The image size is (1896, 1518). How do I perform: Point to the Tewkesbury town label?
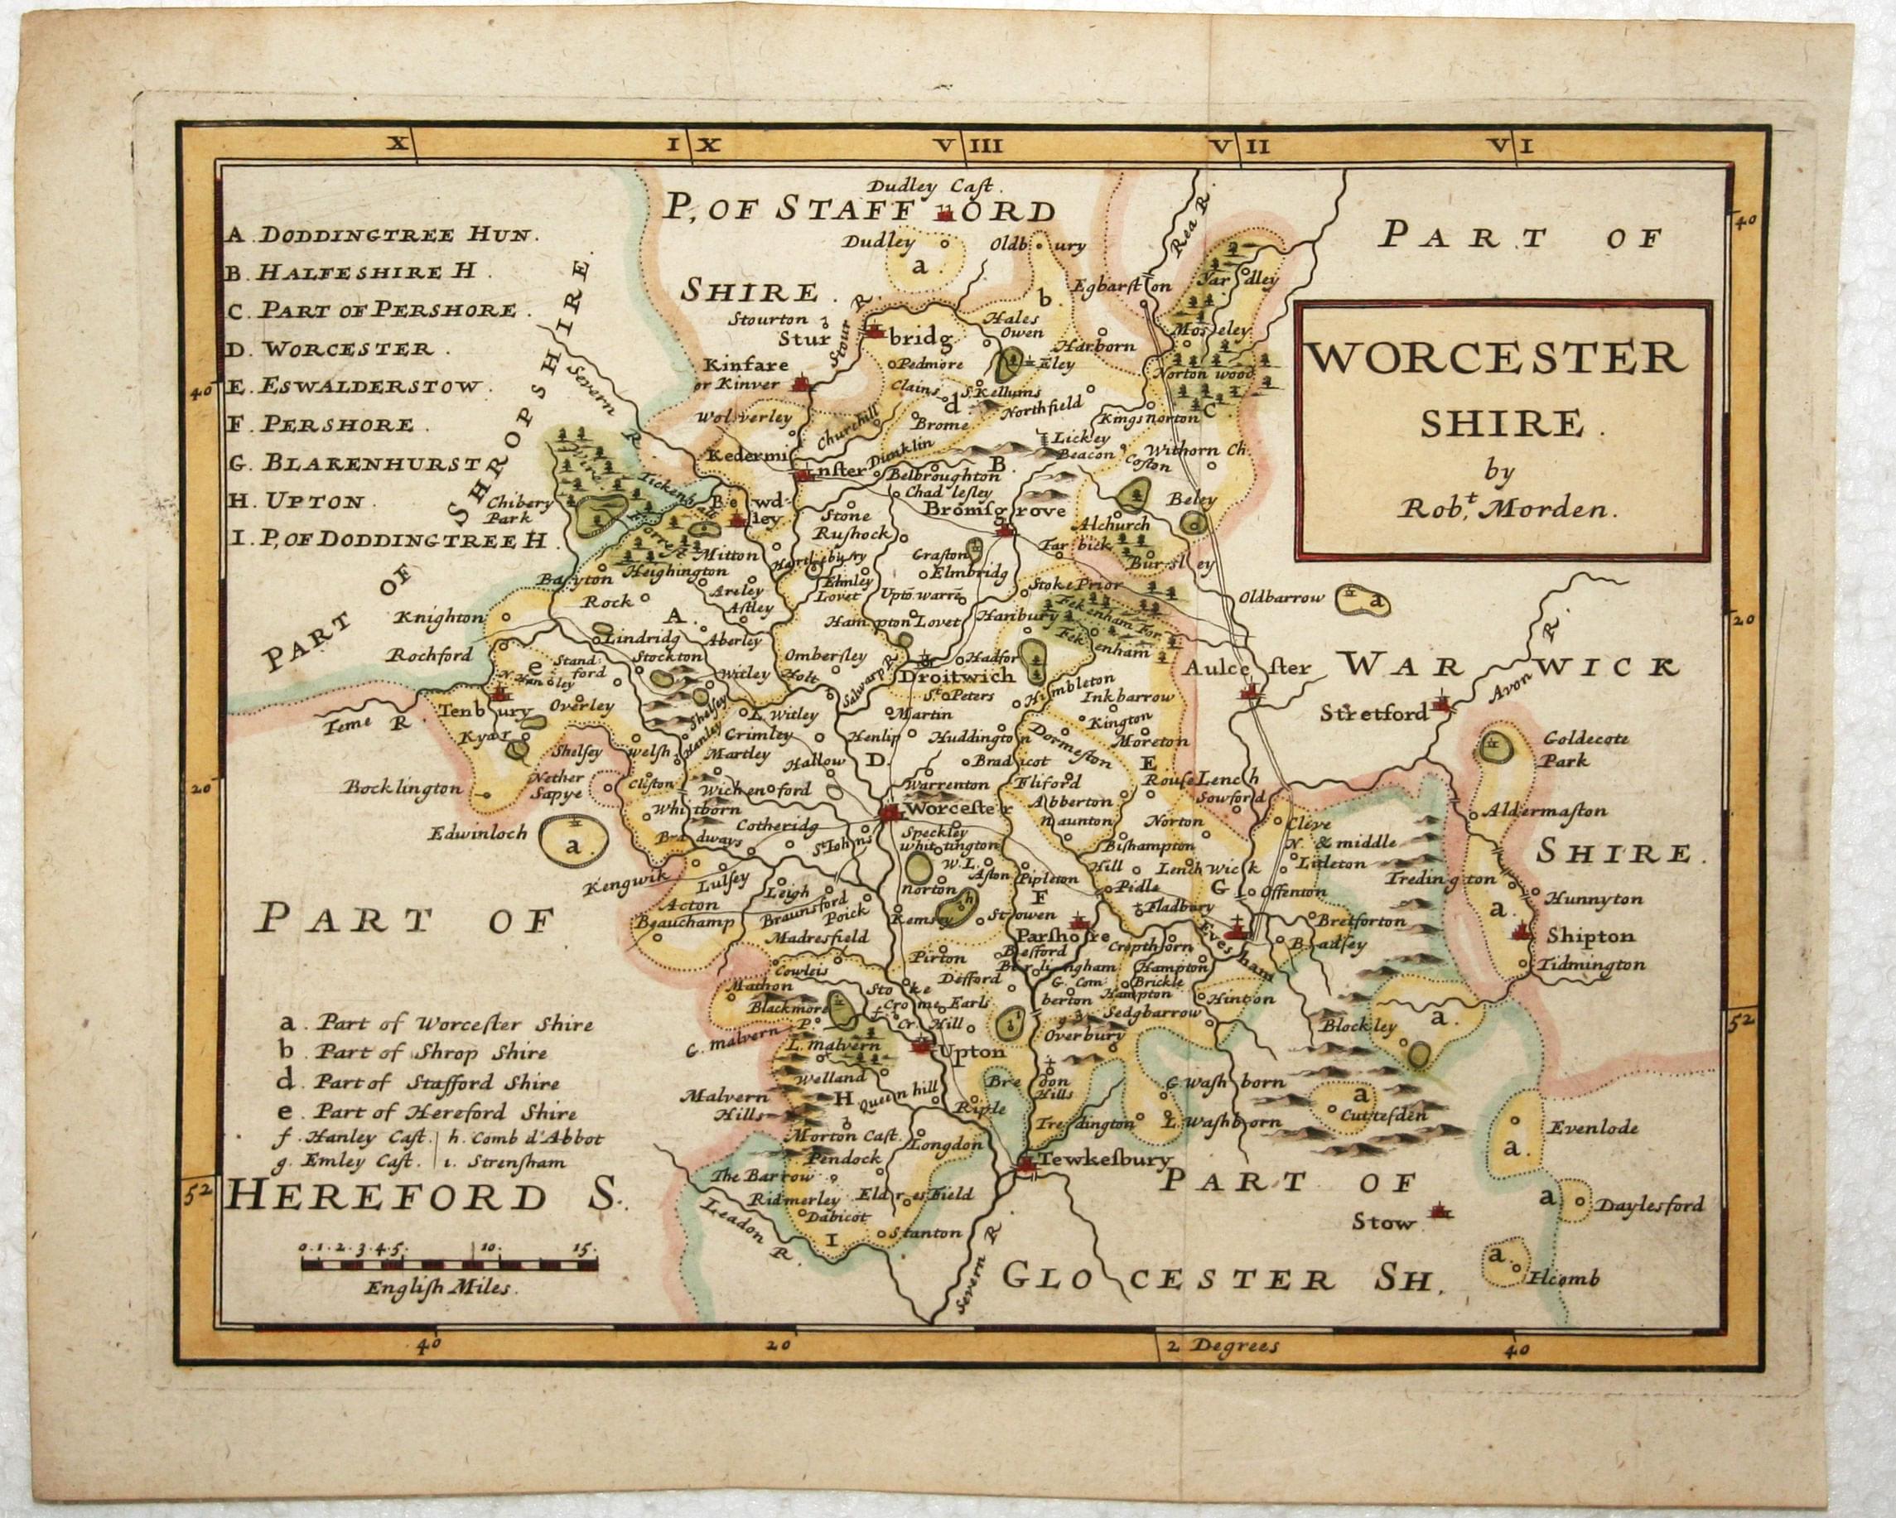pyautogui.click(x=1104, y=1159)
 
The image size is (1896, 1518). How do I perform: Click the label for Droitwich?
pyautogui.click(x=956, y=677)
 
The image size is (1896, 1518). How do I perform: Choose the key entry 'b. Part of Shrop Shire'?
pyautogui.click(x=413, y=1053)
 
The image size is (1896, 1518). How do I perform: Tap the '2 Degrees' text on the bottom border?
pyautogui.click(x=1223, y=1346)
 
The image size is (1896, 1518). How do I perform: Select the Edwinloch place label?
pyautogui.click(x=479, y=831)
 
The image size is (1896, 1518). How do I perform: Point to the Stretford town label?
pyautogui.click(x=1372, y=713)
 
